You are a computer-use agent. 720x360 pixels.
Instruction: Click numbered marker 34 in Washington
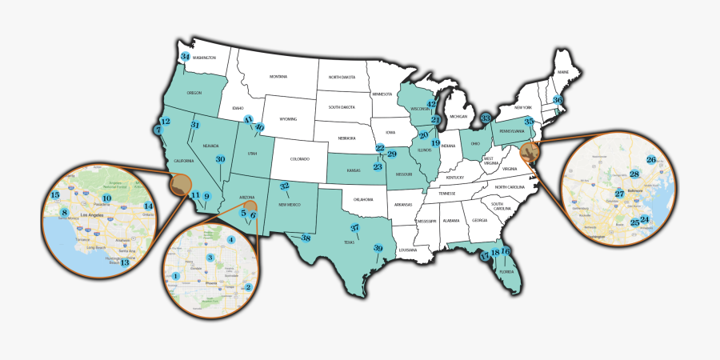point(185,56)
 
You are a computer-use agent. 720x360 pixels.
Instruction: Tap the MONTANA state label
point(278,77)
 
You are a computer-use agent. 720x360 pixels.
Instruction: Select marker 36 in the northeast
point(558,100)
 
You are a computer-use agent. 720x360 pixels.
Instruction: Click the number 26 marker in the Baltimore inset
point(651,160)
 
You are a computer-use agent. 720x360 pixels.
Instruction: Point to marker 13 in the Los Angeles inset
point(124,262)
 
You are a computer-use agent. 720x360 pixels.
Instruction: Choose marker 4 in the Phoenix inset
point(231,240)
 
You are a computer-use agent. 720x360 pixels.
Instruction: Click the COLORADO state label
point(298,158)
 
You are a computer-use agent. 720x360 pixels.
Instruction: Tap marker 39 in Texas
point(378,248)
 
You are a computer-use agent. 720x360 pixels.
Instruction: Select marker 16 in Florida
point(505,252)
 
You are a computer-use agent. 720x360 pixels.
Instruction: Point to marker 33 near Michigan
point(486,118)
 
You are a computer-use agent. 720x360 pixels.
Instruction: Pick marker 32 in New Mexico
point(284,186)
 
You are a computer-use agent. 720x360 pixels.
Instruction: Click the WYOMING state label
point(288,119)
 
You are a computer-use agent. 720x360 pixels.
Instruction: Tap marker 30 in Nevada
point(220,159)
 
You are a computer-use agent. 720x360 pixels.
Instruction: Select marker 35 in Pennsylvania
point(529,122)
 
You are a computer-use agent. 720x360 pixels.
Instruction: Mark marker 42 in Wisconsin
point(431,104)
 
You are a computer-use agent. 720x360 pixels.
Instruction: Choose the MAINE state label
point(563,73)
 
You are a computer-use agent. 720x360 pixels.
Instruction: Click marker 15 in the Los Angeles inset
point(55,195)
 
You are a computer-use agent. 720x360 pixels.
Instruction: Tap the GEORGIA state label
point(478,220)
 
